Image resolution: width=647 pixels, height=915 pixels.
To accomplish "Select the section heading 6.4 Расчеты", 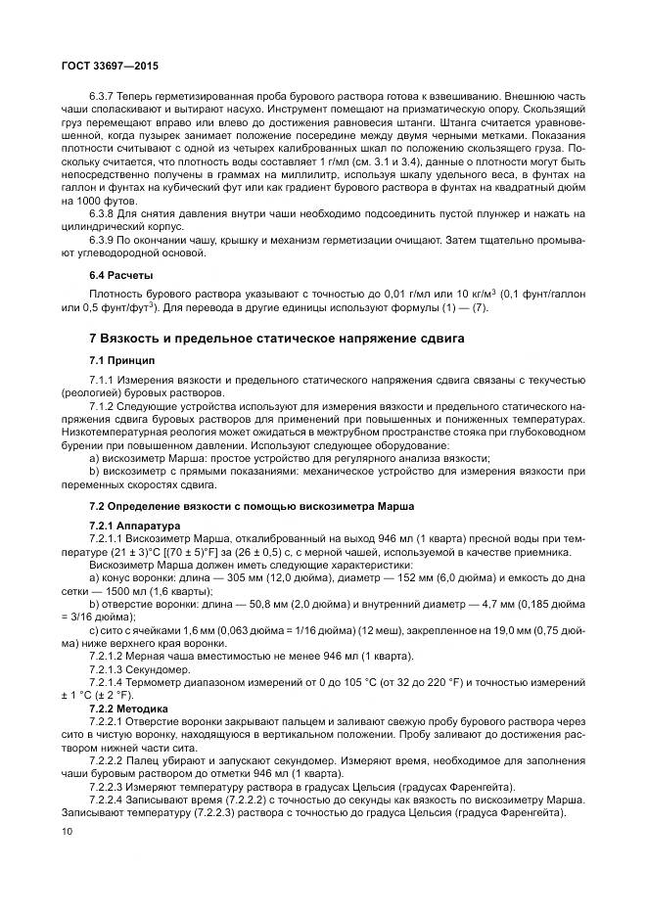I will coord(121,274).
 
